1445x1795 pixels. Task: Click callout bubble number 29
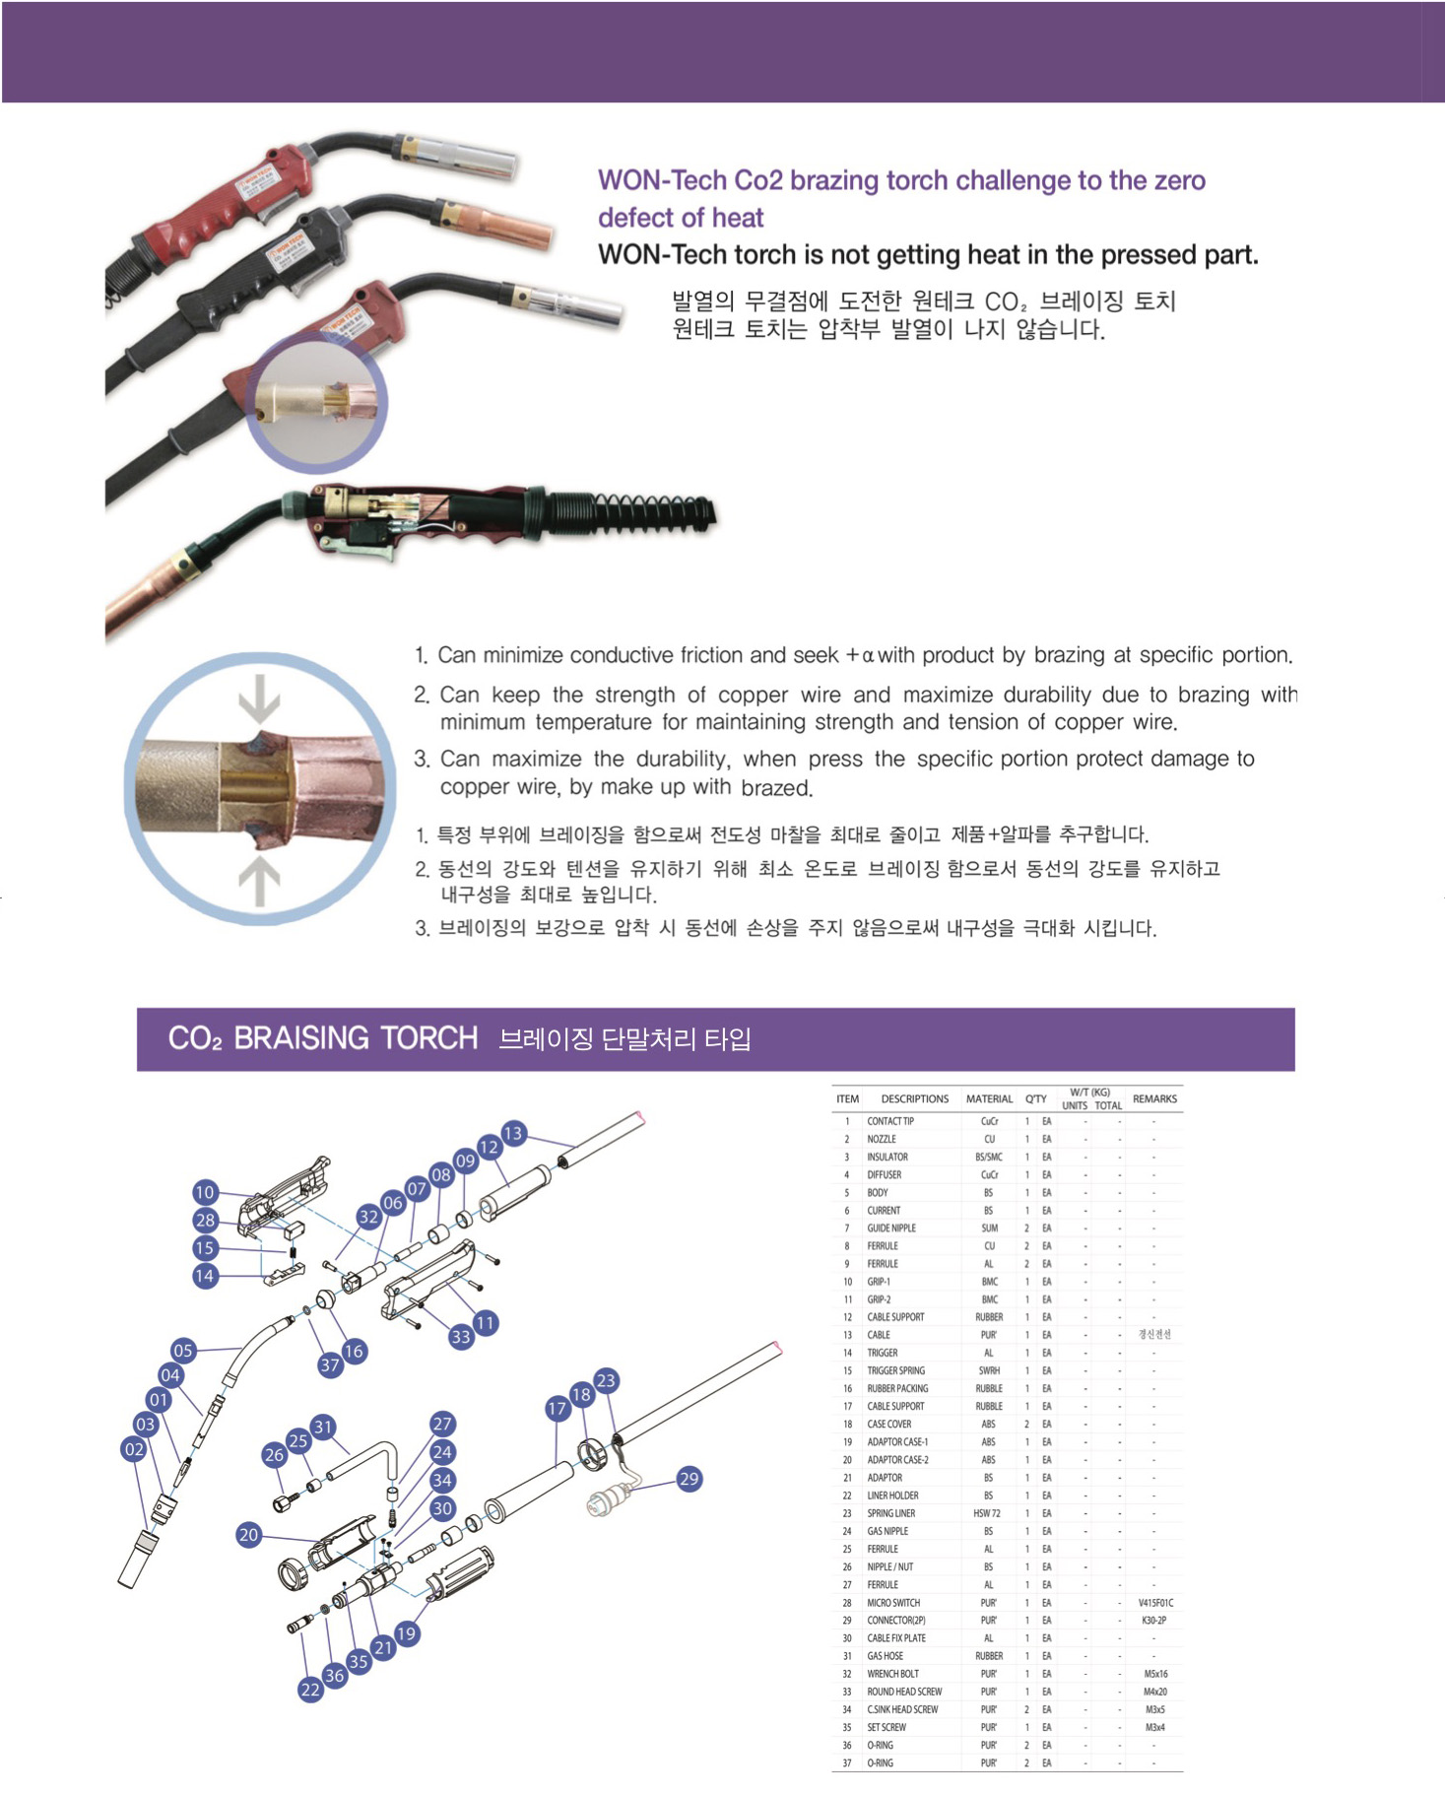(689, 1479)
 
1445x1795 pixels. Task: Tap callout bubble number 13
(513, 1133)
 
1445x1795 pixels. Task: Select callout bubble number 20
(248, 1534)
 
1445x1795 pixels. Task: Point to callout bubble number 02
(134, 1449)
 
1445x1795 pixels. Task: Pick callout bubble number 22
(310, 1690)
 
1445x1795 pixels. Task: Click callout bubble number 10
(204, 1192)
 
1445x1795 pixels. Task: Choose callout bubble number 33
(460, 1337)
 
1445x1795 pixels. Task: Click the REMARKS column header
(1154, 1098)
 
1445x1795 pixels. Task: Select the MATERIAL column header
(989, 1098)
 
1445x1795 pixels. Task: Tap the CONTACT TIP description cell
(890, 1121)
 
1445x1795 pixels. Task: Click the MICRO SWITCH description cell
(893, 1603)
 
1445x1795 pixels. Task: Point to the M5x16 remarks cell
(1155, 1674)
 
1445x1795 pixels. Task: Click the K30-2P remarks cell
(1154, 1621)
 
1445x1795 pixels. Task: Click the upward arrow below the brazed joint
(259, 880)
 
